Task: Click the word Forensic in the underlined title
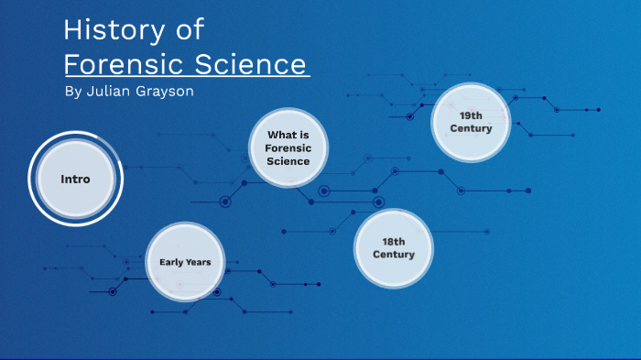125,65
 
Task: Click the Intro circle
75,179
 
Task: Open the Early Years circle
185,262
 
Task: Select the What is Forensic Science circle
288,147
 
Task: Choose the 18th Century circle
393,247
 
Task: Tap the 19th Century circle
471,122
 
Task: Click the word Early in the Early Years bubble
172,262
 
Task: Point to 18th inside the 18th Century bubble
393,241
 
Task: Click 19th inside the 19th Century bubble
471,115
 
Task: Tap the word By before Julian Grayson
74,93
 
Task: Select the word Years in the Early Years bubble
199,262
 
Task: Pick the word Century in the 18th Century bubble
393,254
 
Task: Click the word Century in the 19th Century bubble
471,129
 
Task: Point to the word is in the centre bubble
303,135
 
